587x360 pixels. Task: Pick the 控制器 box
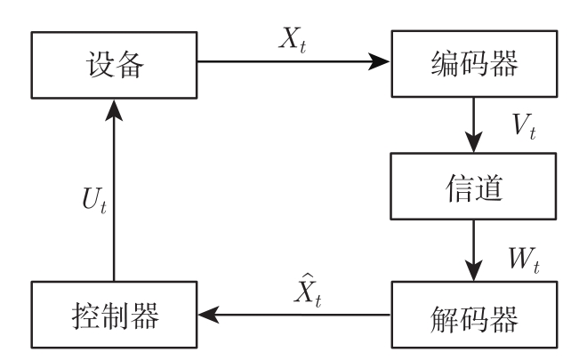114,314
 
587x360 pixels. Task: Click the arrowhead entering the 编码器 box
380,63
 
